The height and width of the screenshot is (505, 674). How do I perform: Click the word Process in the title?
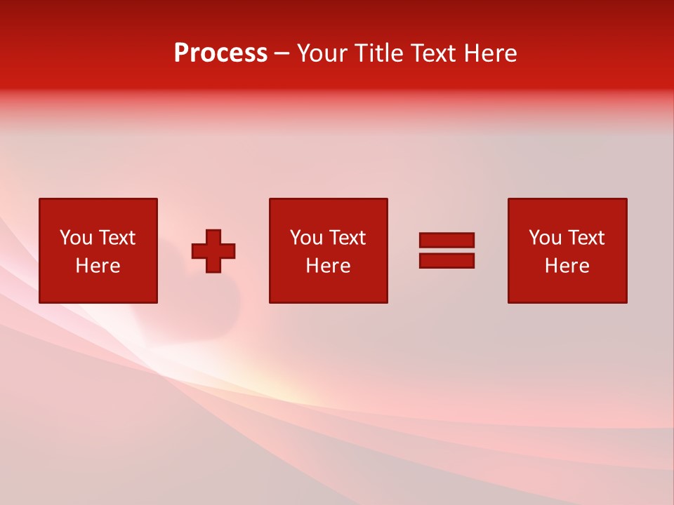(x=220, y=53)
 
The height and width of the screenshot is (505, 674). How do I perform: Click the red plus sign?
(x=213, y=250)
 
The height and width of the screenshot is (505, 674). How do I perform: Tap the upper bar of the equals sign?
(x=447, y=240)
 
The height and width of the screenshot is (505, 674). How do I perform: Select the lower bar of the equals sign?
(x=447, y=260)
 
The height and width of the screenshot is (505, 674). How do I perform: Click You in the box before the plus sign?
(x=77, y=238)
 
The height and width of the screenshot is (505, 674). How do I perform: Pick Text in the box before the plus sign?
(x=117, y=238)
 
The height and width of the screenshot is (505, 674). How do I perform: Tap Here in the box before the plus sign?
(x=98, y=266)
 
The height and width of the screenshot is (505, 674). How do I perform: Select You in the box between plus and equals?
(x=307, y=238)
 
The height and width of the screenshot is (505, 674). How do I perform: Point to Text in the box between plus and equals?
(x=347, y=238)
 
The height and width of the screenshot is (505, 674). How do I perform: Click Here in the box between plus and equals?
(x=328, y=266)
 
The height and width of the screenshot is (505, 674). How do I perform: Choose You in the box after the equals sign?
(x=546, y=238)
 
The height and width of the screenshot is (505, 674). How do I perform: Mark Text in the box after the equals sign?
(x=586, y=238)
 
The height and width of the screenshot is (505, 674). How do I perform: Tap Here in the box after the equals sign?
(x=567, y=266)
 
